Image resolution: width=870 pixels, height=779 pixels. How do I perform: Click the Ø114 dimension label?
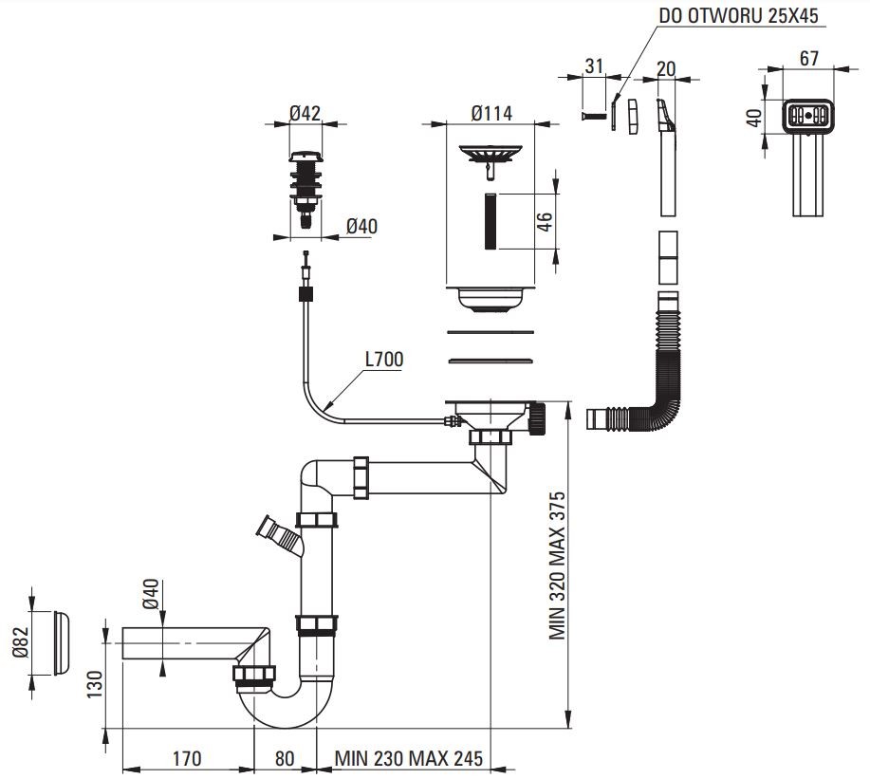pyautogui.click(x=491, y=114)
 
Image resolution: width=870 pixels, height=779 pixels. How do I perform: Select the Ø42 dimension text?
pyautogui.click(x=305, y=114)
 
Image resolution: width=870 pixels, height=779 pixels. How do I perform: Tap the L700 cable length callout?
pyautogui.click(x=383, y=360)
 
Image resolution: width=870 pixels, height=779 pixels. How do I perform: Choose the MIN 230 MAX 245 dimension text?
pyautogui.click(x=408, y=758)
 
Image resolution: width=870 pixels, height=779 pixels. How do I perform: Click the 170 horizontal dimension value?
pyautogui.click(x=186, y=758)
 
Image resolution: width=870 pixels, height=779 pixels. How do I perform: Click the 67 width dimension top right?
pyautogui.click(x=808, y=58)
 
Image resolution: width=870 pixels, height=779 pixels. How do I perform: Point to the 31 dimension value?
pyautogui.click(x=594, y=65)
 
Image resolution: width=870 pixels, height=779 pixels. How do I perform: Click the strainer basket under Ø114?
pyautogui.click(x=491, y=154)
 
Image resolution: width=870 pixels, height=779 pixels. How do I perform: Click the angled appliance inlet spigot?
pyautogui.click(x=277, y=533)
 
